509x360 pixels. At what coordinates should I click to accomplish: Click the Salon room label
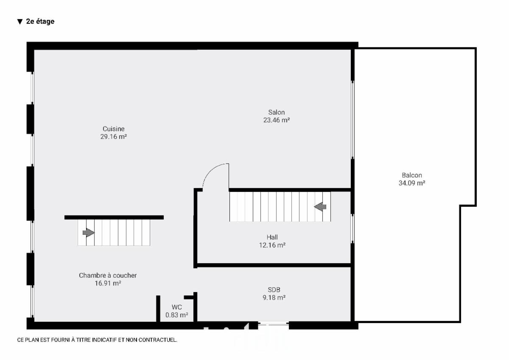click(x=276, y=112)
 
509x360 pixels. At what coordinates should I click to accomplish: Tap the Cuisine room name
click(x=113, y=129)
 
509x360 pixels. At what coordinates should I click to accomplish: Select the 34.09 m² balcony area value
click(x=412, y=183)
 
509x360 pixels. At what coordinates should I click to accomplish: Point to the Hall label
click(x=272, y=237)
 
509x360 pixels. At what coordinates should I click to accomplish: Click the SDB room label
click(x=274, y=290)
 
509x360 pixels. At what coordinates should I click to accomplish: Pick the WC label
click(x=176, y=307)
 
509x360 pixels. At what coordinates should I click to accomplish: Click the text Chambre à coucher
click(x=108, y=276)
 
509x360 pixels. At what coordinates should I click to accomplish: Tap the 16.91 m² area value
click(x=108, y=283)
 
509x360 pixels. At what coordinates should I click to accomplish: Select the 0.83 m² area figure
click(x=176, y=315)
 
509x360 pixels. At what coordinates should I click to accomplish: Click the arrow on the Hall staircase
click(x=320, y=207)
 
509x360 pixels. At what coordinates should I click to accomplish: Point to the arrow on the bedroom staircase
click(x=89, y=232)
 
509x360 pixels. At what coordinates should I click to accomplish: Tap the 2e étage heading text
click(x=40, y=21)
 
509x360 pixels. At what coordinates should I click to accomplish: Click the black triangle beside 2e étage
click(x=20, y=22)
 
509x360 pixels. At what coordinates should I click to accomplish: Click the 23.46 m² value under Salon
click(x=276, y=120)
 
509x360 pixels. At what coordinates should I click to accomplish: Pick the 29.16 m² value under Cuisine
click(x=113, y=136)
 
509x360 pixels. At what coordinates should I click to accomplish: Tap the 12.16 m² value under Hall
click(x=272, y=245)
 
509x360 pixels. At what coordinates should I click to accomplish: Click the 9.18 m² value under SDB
click(x=274, y=298)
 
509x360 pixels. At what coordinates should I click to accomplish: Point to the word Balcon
click(x=412, y=175)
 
